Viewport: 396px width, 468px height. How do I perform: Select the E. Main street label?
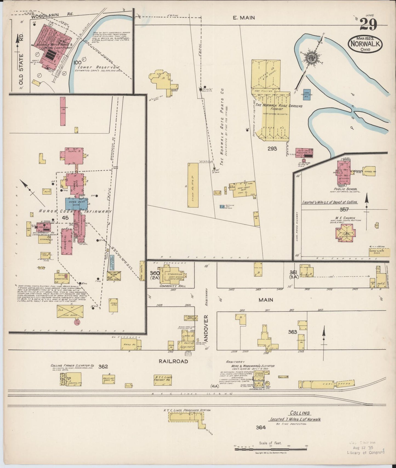click(244, 18)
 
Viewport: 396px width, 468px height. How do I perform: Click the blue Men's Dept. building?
click(76, 204)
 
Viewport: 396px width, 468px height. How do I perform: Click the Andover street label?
click(206, 328)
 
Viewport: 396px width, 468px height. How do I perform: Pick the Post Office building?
click(189, 317)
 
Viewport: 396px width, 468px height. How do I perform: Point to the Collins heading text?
click(300, 413)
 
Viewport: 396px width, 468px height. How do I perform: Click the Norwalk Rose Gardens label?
click(279, 106)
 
